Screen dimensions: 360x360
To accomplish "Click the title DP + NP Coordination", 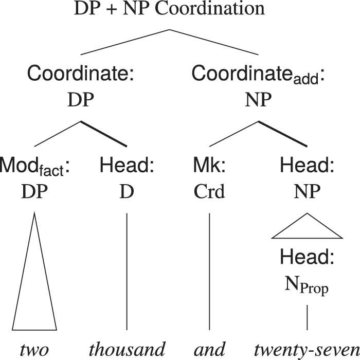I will click(x=169, y=9).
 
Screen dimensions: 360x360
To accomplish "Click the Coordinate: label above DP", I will click(x=81, y=74).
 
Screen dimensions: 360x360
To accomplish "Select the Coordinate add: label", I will click(x=258, y=75).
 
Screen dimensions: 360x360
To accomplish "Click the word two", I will click(x=34, y=349).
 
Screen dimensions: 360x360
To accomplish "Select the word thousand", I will click(x=127, y=349).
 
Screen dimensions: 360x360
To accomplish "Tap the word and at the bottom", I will click(x=209, y=349).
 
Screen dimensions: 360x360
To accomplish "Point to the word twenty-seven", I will click(x=307, y=349).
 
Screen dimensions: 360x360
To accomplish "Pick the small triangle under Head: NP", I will click(x=307, y=229).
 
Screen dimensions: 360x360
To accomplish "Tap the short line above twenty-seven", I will click(x=307, y=317).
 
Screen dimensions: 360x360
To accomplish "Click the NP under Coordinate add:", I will click(x=258, y=99).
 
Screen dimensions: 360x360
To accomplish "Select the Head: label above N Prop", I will click(x=307, y=257).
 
